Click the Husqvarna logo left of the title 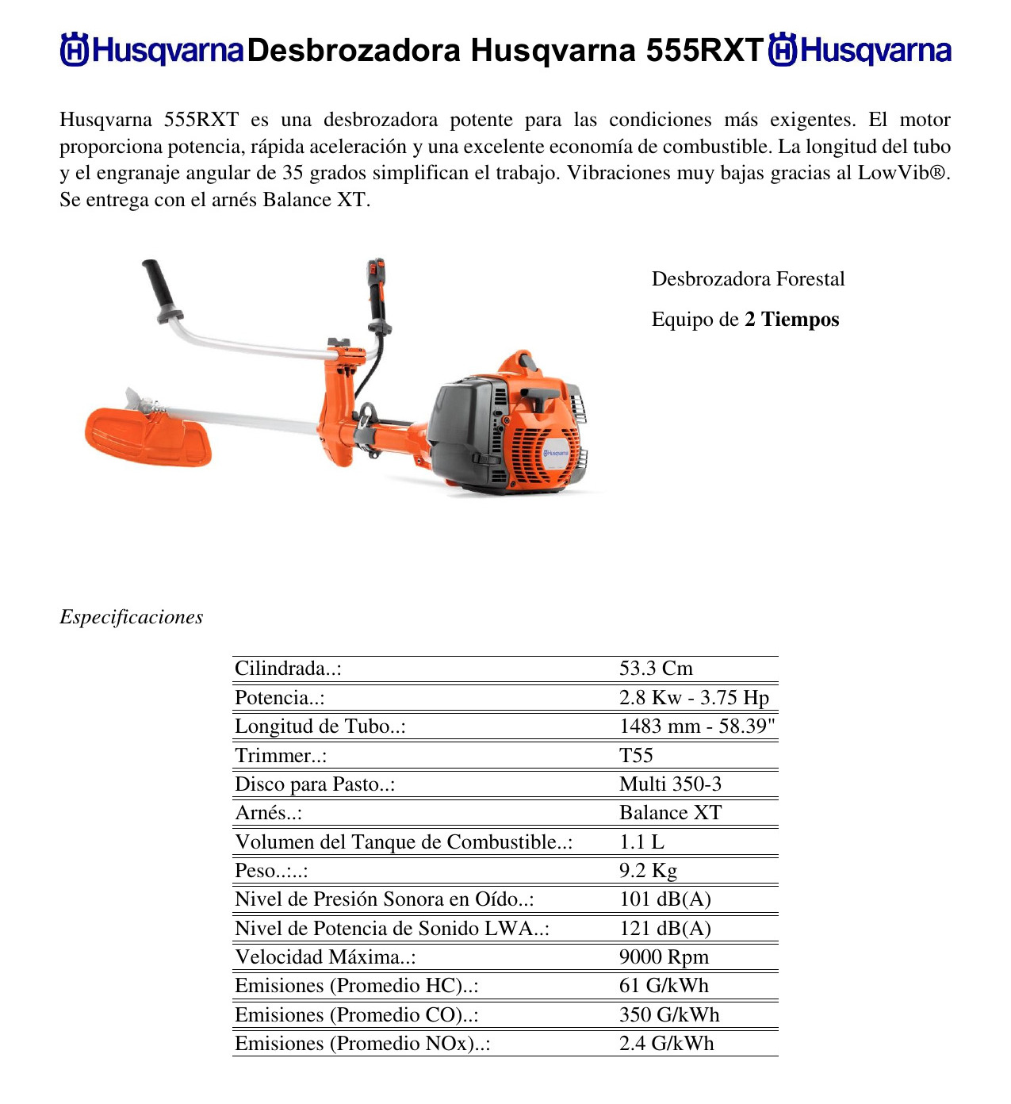(151, 50)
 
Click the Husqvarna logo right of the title (860, 50)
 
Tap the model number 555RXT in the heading (704, 51)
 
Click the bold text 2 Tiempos (791, 320)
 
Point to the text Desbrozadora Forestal (748, 279)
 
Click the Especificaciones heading (131, 617)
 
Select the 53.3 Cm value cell (656, 669)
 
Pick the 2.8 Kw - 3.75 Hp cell (694, 698)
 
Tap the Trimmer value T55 (636, 755)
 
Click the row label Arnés (268, 813)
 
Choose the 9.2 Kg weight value (648, 871)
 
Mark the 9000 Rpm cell (664, 957)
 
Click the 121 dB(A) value (664, 929)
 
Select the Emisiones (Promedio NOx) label (362, 1044)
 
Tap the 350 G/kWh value (669, 1015)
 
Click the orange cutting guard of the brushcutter (147, 438)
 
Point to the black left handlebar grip (159, 287)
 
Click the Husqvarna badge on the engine (556, 452)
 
